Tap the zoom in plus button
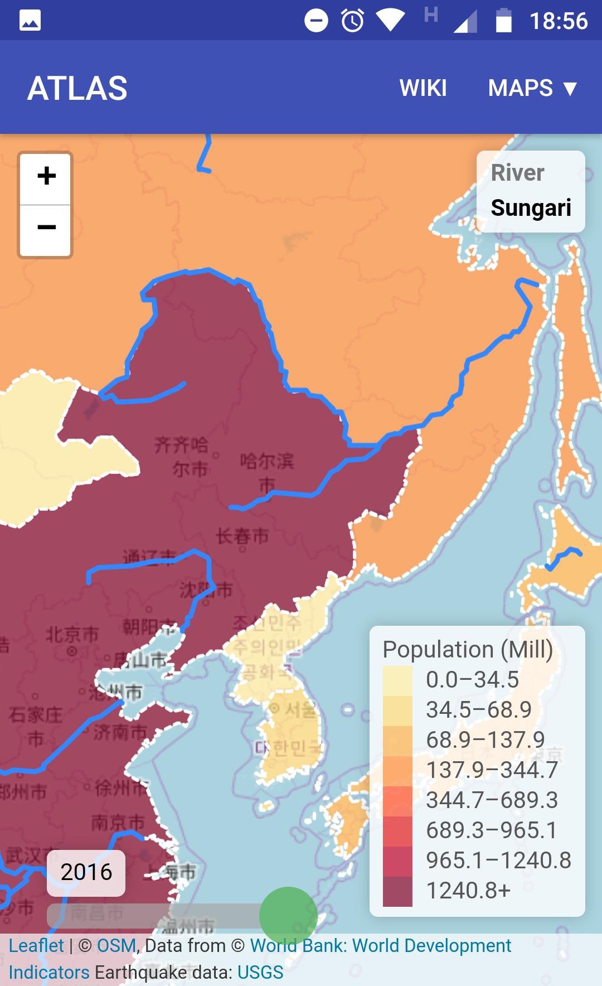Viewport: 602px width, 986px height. [x=46, y=176]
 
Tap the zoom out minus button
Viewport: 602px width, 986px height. [x=46, y=228]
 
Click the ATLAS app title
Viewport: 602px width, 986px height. [x=77, y=88]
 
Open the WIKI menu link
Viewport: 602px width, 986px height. [x=423, y=88]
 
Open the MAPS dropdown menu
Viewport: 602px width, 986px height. [x=532, y=88]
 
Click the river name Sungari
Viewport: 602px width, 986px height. [x=531, y=207]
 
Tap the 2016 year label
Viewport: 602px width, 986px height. [x=86, y=872]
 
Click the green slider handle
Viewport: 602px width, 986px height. [x=288, y=916]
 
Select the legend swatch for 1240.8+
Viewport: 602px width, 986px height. [x=397, y=891]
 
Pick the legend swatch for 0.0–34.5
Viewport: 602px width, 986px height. [x=397, y=680]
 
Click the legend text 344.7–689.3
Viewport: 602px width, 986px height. [x=492, y=800]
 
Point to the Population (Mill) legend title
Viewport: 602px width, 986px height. [x=468, y=650]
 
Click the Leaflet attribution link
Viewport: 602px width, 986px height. [x=36, y=946]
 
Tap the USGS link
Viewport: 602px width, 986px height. [x=260, y=973]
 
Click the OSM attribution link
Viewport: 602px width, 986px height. [x=116, y=946]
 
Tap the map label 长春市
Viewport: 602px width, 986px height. [x=242, y=536]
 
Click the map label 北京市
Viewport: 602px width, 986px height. [x=72, y=635]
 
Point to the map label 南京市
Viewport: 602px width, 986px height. [x=118, y=822]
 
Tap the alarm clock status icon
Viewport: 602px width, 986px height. [x=352, y=21]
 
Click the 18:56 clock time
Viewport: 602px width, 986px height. [x=558, y=21]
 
